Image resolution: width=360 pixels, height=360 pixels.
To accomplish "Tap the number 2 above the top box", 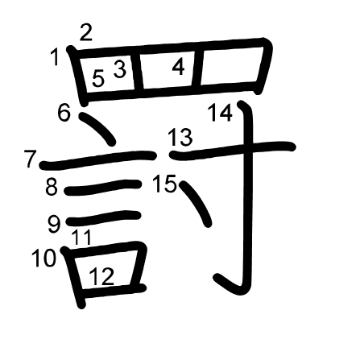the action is coord(86,32).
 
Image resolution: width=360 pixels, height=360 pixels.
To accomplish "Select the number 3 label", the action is coord(120,69).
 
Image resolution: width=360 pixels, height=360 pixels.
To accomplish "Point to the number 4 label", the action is coord(178,67).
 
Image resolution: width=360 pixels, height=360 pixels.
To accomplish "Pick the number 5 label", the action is coord(98,78).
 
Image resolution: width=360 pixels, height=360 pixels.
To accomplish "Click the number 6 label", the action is coord(64,113).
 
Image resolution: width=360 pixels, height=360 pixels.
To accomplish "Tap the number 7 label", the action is coord(30,159).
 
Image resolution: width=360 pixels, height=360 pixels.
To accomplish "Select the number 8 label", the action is coord(52,187).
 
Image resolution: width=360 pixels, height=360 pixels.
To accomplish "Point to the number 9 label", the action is coord(54,225).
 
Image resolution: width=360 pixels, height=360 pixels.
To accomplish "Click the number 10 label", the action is coord(43,258).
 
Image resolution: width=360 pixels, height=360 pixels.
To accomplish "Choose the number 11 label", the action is coord(82,237).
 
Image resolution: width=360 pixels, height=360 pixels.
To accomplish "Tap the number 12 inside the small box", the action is coord(101,276).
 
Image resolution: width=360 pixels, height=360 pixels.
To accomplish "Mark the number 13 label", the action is coord(180,137).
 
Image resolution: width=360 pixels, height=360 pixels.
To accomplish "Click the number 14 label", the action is coord(220,113).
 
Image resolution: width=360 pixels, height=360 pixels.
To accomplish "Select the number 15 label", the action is coord(164,184).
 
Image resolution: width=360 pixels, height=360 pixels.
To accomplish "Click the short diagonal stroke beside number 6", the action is coord(97,129).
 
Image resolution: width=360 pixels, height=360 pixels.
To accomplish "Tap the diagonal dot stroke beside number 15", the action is coord(196,203).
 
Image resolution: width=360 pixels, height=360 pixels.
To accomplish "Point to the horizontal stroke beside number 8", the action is coord(103,187).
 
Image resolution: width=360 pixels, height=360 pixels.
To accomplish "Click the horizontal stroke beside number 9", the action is coord(104,218).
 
